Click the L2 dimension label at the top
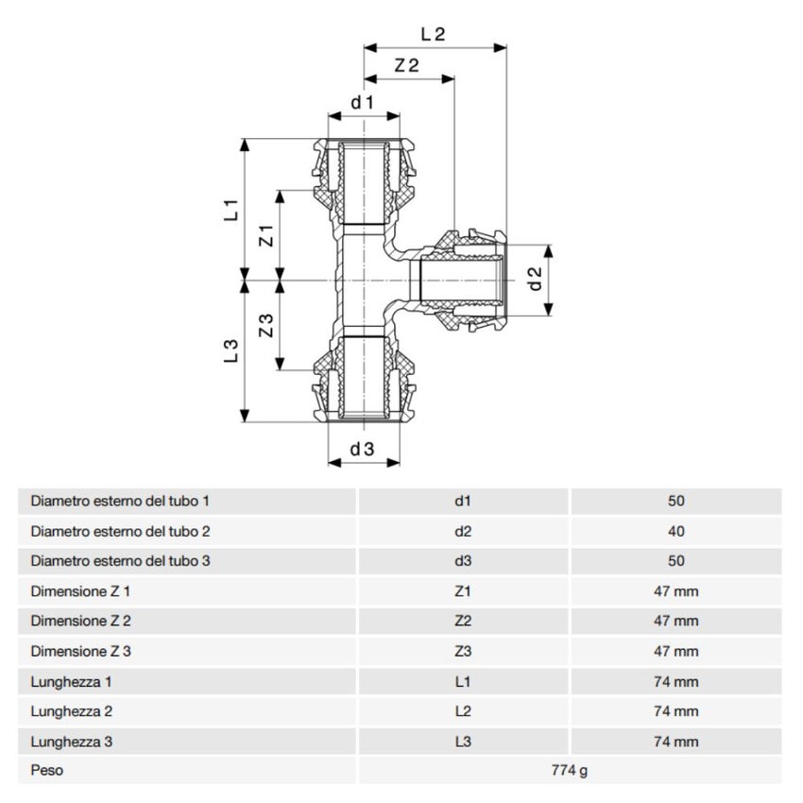tap(433, 34)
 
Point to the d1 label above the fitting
tap(364, 101)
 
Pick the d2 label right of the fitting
tap(535, 279)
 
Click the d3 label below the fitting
tap(363, 450)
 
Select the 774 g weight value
tap(570, 771)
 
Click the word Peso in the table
tap(47, 771)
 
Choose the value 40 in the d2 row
tap(675, 532)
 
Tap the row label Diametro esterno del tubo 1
tap(120, 502)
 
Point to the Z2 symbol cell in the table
tap(463, 622)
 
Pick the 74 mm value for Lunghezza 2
tap(675, 711)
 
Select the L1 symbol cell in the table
tap(463, 681)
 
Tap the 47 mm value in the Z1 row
tap(675, 591)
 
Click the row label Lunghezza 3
tap(72, 742)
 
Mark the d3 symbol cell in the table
tap(463, 561)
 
